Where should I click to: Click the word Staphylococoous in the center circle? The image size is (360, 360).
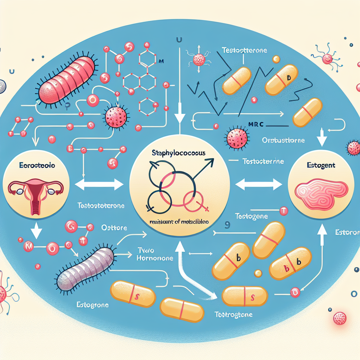(179, 154)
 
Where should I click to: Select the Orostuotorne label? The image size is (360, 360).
(283, 140)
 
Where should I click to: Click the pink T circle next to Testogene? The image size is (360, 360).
(283, 211)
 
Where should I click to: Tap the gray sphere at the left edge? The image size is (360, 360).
(2, 85)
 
